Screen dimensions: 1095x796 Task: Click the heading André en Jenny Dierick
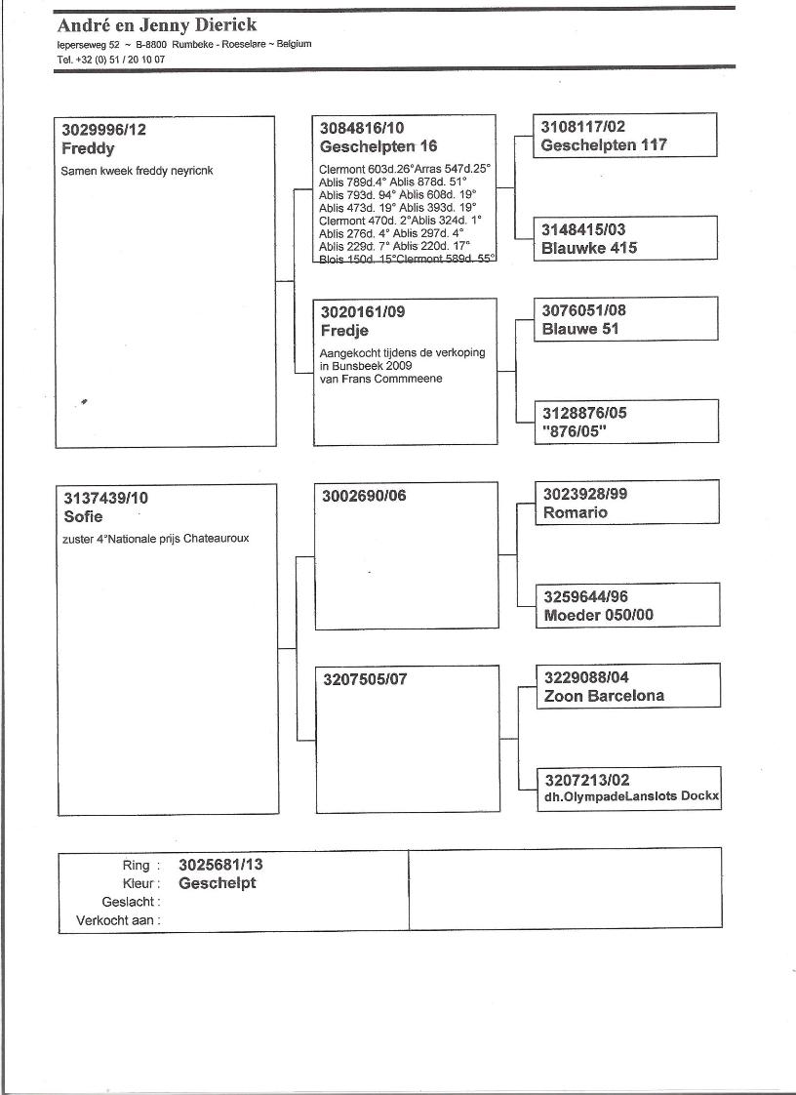156,25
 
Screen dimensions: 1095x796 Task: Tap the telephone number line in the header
111,60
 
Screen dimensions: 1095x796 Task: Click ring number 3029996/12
104,130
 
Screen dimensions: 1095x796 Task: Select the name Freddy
88,149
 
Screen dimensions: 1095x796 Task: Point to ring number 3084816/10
362,128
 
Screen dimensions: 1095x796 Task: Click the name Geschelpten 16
378,147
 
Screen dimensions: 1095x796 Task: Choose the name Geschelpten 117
604,145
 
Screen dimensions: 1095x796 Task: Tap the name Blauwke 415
589,248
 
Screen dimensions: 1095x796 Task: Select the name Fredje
344,331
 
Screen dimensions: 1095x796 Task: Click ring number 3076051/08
584,310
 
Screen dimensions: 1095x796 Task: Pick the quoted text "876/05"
575,432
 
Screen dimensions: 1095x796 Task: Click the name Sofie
83,516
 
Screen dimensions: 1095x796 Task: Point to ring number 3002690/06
364,496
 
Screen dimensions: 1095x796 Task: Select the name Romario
576,512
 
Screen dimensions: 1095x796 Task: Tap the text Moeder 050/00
599,616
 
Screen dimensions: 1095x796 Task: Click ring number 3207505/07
364,679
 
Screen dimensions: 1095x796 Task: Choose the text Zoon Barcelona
604,696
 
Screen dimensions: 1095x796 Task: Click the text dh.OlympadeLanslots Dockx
631,797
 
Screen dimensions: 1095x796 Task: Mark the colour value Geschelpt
218,883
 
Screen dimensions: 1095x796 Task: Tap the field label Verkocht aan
118,920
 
